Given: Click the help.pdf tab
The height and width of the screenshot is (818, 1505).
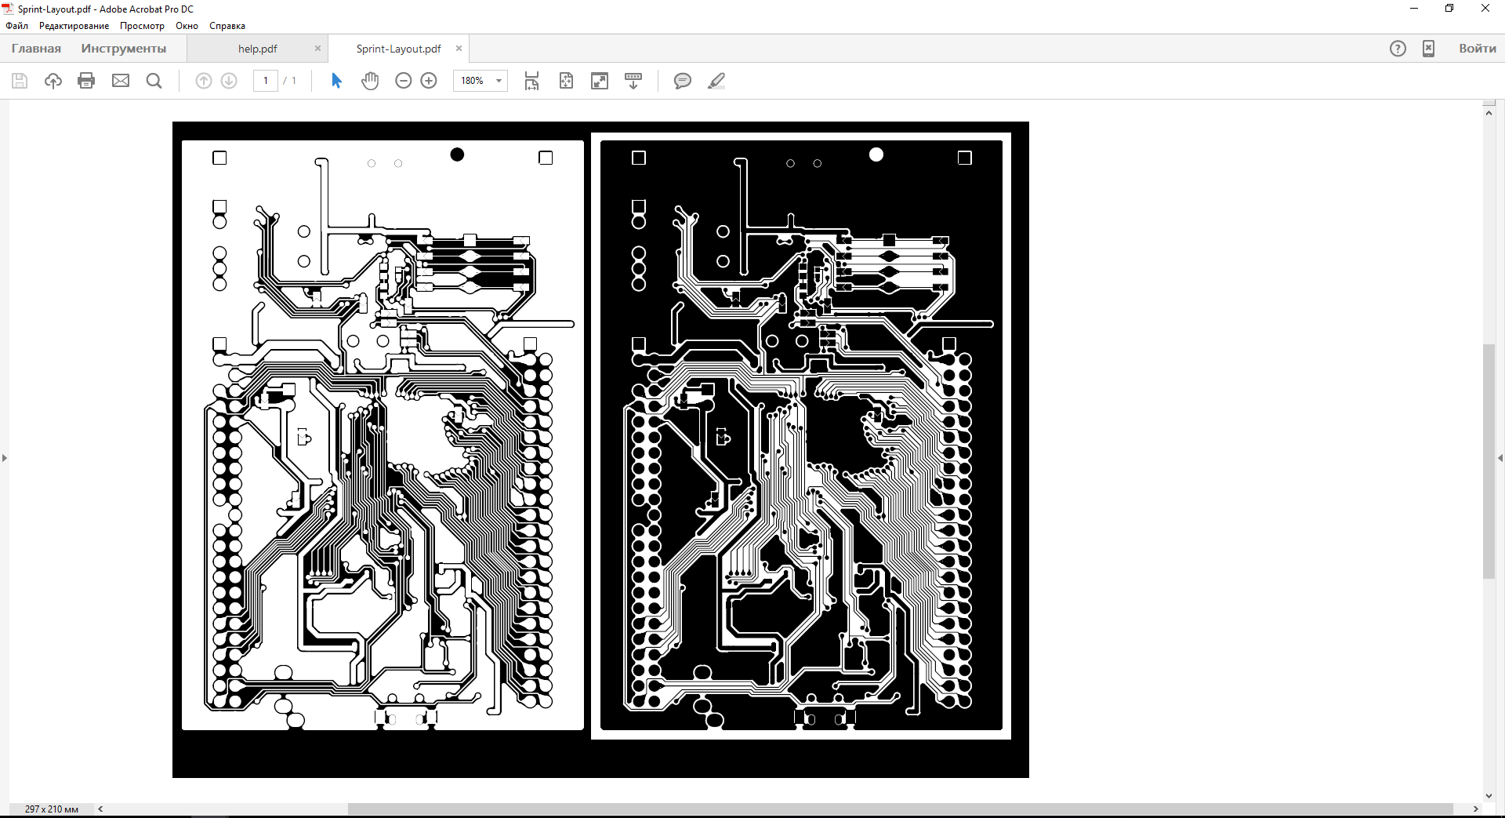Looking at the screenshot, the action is point(257,49).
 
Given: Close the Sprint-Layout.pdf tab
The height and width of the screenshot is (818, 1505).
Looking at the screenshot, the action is point(459,49).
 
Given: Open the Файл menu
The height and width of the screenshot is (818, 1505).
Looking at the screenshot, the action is point(16,26).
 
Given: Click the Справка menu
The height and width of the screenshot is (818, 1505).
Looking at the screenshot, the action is point(227,26).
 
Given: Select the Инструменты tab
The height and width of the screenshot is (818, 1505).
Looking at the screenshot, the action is point(124,49).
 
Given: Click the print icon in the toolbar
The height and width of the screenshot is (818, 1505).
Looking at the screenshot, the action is point(86,81).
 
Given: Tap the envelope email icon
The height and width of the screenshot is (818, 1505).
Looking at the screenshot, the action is point(121,81).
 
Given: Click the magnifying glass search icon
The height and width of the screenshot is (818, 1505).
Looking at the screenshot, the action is point(154,81).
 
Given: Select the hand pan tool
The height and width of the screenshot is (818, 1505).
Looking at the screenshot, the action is point(370,81).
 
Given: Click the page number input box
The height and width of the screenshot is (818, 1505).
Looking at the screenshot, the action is point(266,81).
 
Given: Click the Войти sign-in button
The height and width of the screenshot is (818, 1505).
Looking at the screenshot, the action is point(1478,49).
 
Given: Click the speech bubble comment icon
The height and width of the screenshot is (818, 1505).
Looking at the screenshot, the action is point(683,81).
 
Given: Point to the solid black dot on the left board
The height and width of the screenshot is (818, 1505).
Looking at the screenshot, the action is point(457,155).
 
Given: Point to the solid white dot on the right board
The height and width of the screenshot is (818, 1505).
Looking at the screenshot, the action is point(876,155).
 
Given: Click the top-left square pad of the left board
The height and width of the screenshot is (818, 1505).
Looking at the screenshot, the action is point(219,158).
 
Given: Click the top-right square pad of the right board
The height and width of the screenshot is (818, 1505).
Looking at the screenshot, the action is point(965,158).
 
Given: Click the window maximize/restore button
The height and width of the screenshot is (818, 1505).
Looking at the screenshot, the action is point(1449,9).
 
